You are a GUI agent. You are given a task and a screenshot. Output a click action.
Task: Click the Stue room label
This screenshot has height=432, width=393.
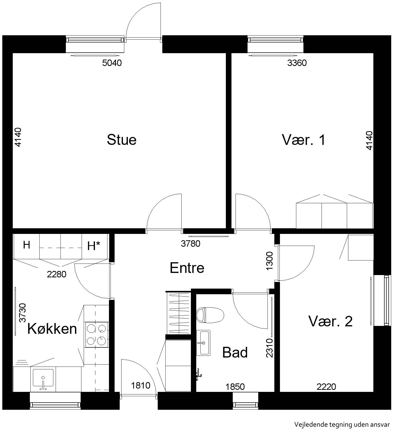(121, 140)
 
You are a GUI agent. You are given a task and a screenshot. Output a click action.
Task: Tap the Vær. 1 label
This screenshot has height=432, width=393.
(304, 140)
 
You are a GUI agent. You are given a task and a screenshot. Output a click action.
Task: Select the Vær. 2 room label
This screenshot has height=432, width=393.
(330, 321)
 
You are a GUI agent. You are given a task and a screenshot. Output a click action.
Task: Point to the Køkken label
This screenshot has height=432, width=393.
(52, 329)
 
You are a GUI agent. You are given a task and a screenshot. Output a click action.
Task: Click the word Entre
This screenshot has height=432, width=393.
(187, 268)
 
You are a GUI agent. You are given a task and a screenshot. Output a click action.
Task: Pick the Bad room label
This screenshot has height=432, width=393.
(235, 353)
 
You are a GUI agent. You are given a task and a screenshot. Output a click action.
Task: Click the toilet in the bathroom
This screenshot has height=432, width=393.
(210, 315)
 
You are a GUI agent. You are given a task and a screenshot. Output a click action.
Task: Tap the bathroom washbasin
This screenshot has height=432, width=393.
(203, 343)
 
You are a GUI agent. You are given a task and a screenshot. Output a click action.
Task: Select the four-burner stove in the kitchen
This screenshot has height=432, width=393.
(96, 334)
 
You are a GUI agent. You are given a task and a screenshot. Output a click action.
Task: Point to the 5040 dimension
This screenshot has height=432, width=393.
(112, 63)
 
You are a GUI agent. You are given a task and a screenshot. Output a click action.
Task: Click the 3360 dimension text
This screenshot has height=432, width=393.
(297, 63)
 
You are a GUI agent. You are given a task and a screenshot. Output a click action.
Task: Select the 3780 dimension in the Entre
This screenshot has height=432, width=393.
(191, 244)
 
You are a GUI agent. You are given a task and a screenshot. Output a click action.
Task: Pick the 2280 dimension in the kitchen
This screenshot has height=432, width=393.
(57, 274)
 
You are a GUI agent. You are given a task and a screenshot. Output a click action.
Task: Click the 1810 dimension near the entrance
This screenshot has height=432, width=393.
(141, 385)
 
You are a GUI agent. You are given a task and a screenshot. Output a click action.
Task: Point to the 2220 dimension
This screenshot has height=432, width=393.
(326, 387)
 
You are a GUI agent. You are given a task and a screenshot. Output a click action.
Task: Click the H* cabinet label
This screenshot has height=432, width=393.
(94, 246)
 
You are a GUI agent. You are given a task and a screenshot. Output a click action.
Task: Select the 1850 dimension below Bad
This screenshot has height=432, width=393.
(235, 387)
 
